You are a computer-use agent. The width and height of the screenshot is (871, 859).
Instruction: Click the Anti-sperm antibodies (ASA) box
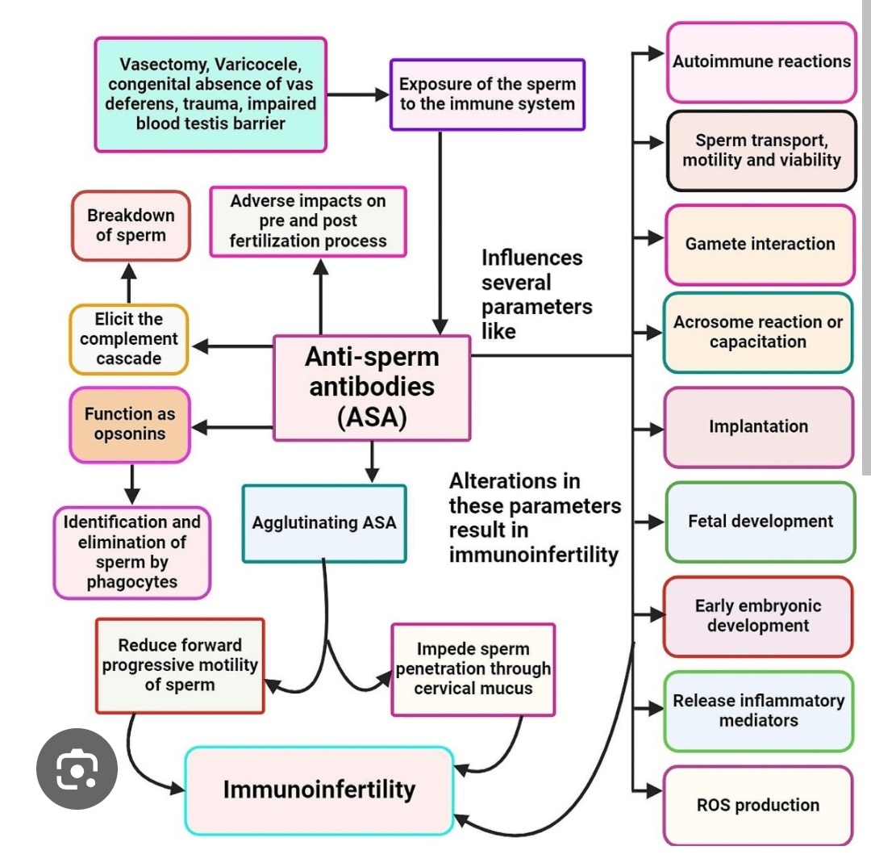pyautogui.click(x=372, y=388)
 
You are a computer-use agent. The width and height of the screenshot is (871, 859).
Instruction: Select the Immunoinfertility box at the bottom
pyautogui.click(x=319, y=790)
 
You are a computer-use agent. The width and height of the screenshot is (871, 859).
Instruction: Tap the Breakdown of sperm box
pyautogui.click(x=131, y=226)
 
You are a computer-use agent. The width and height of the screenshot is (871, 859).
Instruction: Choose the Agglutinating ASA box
pyautogui.click(x=324, y=523)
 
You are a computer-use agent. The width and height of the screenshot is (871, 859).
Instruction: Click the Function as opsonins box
pyautogui.click(x=129, y=424)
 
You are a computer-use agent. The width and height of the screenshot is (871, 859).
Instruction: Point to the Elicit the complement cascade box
pyautogui.click(x=128, y=339)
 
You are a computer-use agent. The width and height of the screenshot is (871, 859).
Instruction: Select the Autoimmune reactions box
pyautogui.click(x=761, y=61)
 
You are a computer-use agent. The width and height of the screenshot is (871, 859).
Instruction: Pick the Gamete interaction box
pyautogui.click(x=759, y=244)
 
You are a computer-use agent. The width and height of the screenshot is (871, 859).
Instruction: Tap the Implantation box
pyautogui.click(x=758, y=426)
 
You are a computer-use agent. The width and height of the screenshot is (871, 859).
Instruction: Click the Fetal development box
pyautogui.click(x=760, y=522)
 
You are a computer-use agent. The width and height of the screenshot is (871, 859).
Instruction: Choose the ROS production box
pyautogui.click(x=757, y=805)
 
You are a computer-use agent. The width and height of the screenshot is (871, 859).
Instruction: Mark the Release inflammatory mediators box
pyautogui.click(x=758, y=710)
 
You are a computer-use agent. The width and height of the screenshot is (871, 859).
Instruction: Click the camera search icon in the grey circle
pyautogui.click(x=77, y=769)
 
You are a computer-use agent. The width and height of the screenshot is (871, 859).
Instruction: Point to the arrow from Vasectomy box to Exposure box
pyautogui.click(x=358, y=94)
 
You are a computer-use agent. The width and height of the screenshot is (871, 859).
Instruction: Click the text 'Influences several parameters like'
pyautogui.click(x=536, y=294)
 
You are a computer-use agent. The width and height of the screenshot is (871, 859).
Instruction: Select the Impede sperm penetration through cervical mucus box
pyautogui.click(x=473, y=669)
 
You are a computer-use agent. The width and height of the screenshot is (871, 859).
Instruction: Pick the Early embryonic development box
pyautogui.click(x=757, y=616)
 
